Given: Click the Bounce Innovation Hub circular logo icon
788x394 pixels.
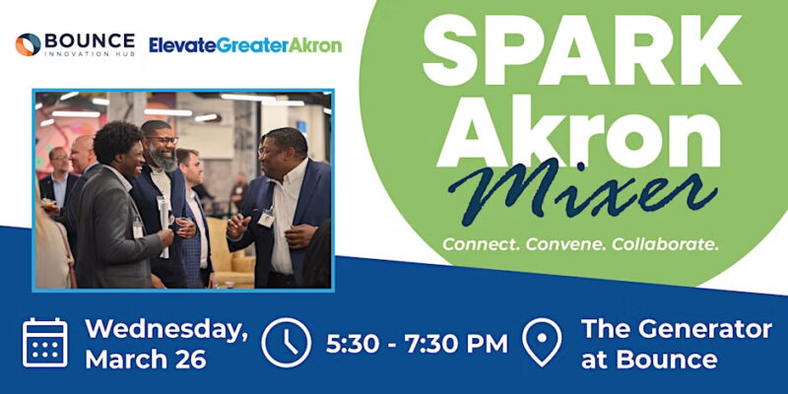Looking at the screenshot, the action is [x=29, y=44].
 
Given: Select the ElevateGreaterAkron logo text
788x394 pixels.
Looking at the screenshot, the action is [x=245, y=45].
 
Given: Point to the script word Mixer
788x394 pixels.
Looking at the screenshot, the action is [x=583, y=192].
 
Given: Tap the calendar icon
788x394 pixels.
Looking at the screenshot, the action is [x=45, y=342].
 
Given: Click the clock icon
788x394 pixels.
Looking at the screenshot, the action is [x=287, y=342].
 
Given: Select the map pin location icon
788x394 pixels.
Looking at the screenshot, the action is [x=542, y=342].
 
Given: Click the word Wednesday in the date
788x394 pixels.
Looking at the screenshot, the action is [x=166, y=330].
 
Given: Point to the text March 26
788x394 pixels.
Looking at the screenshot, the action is [x=146, y=360].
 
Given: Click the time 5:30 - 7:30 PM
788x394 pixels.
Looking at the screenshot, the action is [x=417, y=344].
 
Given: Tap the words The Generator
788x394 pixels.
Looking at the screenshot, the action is [x=677, y=330].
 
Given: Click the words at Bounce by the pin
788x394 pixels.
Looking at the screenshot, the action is [x=649, y=360].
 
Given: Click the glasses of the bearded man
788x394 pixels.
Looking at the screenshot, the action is [x=162, y=140].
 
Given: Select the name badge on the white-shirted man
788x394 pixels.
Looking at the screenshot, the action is [x=266, y=218].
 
